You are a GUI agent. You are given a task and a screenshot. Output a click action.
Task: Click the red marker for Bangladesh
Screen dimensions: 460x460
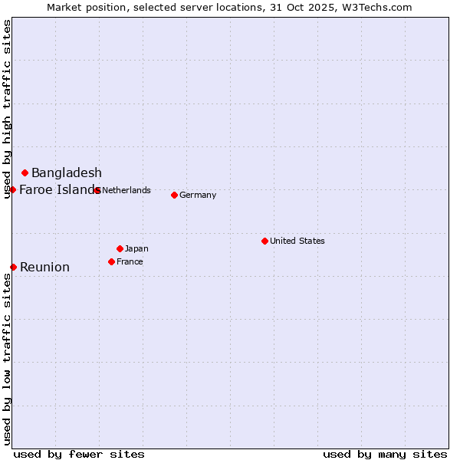[25, 173]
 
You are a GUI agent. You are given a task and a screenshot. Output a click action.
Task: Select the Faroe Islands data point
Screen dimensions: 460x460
[13, 189]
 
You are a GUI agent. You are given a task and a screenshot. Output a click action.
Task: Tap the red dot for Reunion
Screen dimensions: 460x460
[14, 267]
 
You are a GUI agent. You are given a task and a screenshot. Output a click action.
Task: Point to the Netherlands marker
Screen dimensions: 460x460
[97, 190]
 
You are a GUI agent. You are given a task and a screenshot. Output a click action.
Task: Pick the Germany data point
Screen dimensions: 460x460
[175, 195]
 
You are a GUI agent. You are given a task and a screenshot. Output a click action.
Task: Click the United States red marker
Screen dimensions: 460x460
[265, 241]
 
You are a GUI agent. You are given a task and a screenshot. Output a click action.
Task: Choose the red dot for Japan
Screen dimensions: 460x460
[120, 248]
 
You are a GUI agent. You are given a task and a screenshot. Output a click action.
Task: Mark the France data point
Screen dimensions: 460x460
[112, 261]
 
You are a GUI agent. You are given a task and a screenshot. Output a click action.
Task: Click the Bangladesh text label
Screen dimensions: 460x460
[67, 173]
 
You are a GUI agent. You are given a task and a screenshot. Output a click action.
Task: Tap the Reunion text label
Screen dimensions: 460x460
[44, 267]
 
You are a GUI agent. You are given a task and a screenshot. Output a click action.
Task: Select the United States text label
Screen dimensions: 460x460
[297, 241]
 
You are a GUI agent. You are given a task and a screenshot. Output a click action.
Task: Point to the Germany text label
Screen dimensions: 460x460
[198, 195]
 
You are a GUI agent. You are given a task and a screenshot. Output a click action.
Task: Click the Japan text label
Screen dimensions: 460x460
[136, 248]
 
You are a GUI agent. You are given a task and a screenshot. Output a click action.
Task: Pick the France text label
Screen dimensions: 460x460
[130, 261]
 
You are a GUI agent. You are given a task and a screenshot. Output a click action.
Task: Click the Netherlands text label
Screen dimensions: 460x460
[127, 190]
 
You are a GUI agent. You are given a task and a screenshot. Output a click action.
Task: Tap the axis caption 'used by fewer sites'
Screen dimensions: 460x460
[79, 454]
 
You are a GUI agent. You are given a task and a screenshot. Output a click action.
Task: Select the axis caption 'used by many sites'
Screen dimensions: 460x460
[385, 454]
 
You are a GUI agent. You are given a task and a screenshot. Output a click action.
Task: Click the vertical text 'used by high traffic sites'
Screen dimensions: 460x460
[8, 109]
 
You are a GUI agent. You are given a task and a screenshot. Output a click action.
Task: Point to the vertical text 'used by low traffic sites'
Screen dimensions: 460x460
[8, 358]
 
